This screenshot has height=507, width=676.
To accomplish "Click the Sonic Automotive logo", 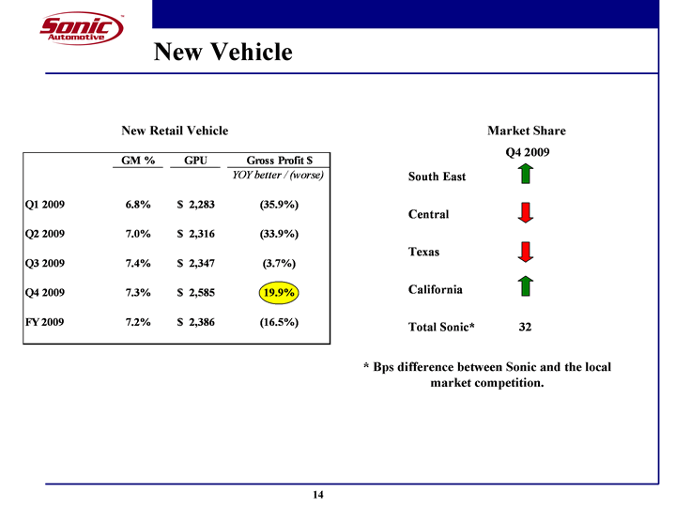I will (81, 29).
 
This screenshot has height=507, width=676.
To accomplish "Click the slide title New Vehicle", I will (223, 53).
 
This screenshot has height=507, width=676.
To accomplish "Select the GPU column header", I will (195, 161).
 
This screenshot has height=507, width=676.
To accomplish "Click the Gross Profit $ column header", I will (279, 161).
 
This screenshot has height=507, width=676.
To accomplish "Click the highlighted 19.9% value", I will (280, 294).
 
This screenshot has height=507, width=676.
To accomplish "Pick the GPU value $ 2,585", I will (202, 294).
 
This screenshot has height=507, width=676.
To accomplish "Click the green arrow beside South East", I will (526, 175).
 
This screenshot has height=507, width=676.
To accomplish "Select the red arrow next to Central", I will (526, 212).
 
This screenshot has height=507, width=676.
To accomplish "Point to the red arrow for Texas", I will (526, 252).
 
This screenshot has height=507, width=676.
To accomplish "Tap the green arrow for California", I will (526, 286).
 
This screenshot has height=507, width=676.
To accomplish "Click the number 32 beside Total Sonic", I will (526, 328).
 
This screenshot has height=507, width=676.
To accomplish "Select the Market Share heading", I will (526, 131).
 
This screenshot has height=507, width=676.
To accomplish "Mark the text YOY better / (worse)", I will (278, 176).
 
